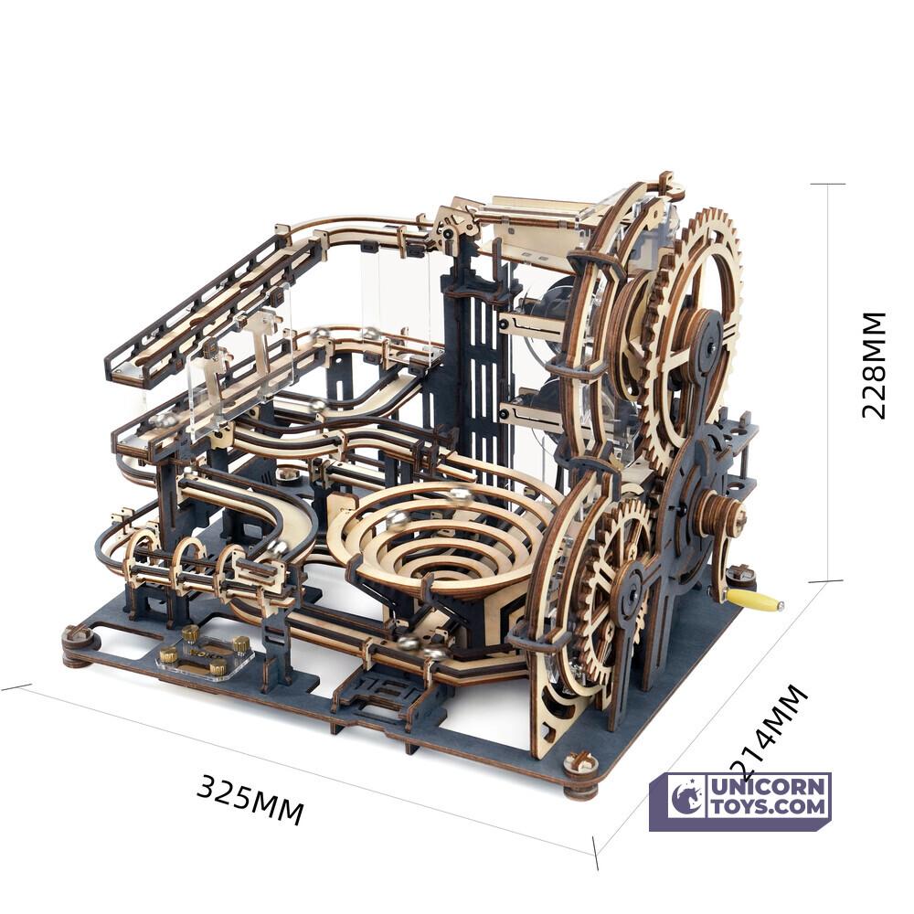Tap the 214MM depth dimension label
pyautogui.click(x=770, y=731)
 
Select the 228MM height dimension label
pyautogui.click(x=874, y=365)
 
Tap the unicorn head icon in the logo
pyautogui.click(x=686, y=798)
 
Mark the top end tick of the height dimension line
pyautogui.click(x=827, y=184)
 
